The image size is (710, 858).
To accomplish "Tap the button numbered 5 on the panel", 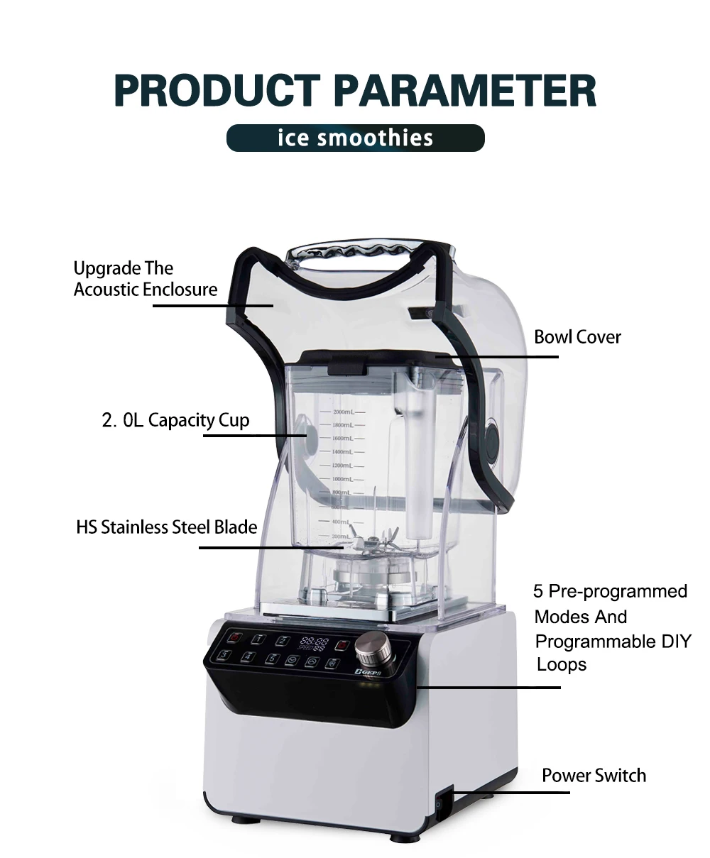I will pos(271,659).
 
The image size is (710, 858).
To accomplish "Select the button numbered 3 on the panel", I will pos(224,655).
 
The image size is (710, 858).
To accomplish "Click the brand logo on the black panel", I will pos(365,670).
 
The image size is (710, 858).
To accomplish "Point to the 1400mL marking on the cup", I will pos(343,451).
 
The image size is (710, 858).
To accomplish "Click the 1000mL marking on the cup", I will pos(343,479).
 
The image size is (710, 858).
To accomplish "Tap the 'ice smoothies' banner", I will pos(355,137).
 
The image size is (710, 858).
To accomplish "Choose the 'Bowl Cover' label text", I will pos(577,336).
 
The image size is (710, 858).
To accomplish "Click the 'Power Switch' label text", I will pos(594,775).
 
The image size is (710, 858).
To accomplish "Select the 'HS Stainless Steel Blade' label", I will pos(166,527).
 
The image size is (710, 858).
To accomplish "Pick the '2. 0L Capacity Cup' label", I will pos(175,420).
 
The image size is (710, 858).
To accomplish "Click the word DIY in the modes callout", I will pos(675,642).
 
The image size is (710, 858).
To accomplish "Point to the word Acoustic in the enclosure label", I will pos(106,289).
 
